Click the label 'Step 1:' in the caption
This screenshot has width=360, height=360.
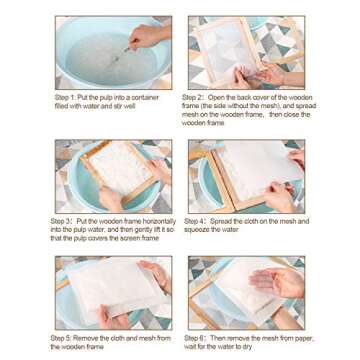[63, 95]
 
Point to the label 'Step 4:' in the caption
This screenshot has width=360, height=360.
[195, 221]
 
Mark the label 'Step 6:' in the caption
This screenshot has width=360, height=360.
[195, 339]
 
